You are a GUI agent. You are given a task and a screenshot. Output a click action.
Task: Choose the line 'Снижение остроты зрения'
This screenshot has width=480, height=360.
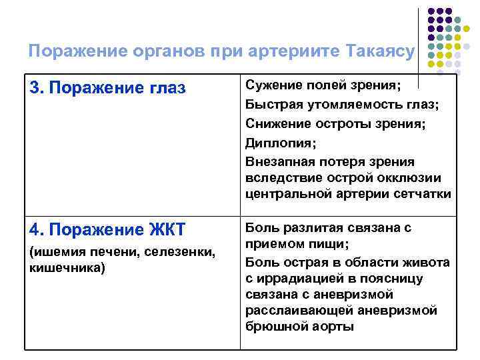[x=335, y=123]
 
